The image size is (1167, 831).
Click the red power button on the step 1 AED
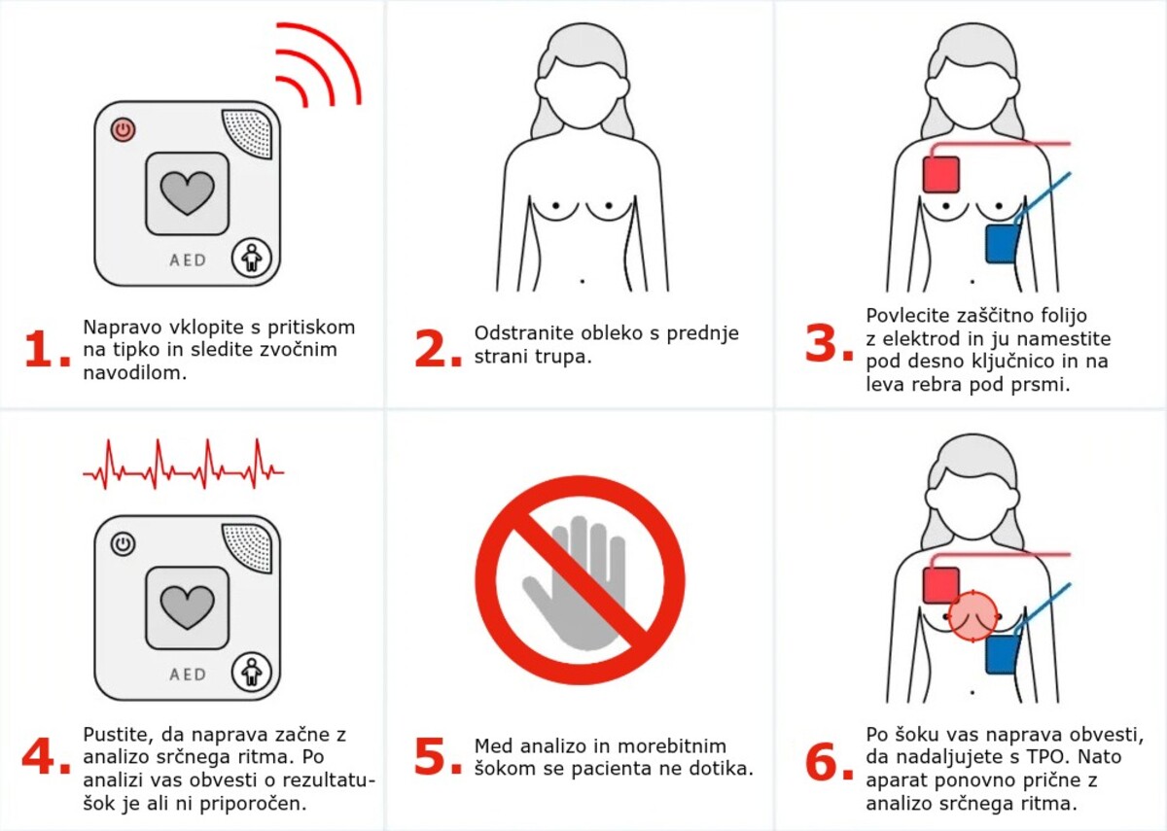[x=123, y=129]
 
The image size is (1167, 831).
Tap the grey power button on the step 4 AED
[x=123, y=544]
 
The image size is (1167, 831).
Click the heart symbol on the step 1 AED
[x=187, y=193]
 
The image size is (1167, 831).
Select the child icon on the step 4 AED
[x=252, y=673]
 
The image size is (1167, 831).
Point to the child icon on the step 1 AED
[x=252, y=258]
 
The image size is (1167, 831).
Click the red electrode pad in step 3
[x=941, y=174]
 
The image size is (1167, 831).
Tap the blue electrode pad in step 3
[x=1002, y=243]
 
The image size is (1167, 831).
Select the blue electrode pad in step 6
[x=1002, y=654]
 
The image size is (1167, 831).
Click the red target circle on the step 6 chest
[x=972, y=616]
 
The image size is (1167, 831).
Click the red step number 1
[x=47, y=350]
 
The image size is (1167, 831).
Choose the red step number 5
[x=438, y=756]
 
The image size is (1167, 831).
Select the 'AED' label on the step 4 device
[x=188, y=675]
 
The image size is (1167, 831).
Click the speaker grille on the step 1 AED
[x=249, y=133]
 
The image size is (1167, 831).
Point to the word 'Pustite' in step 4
[x=119, y=735]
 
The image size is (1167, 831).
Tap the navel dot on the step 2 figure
[x=582, y=282]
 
